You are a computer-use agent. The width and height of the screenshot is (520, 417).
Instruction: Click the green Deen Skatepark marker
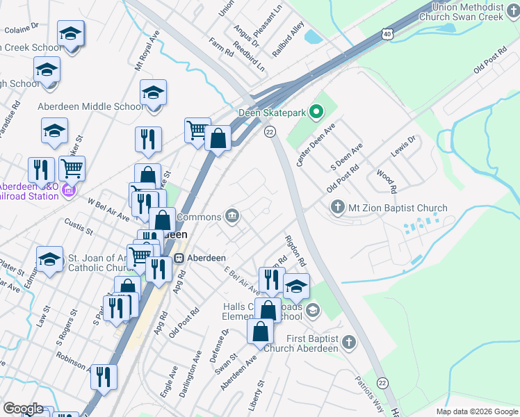coord(316,112)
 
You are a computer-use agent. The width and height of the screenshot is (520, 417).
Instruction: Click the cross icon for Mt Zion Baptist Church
coord(337,207)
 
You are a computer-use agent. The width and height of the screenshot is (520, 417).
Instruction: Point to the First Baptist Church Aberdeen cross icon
coord(348,343)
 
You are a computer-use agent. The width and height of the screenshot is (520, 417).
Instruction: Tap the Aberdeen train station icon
coord(179,258)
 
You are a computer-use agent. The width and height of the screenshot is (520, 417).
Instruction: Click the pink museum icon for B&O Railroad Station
coord(68,190)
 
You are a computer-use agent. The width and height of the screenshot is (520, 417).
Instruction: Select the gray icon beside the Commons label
coord(231,217)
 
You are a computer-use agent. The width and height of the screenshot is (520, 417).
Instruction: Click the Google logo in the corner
coord(22,409)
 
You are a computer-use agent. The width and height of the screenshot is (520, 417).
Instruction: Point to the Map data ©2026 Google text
coord(476,411)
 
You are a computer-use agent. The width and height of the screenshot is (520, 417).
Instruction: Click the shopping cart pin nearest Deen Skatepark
coord(197,129)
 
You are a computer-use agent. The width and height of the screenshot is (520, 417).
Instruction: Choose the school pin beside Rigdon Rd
coord(296,285)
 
